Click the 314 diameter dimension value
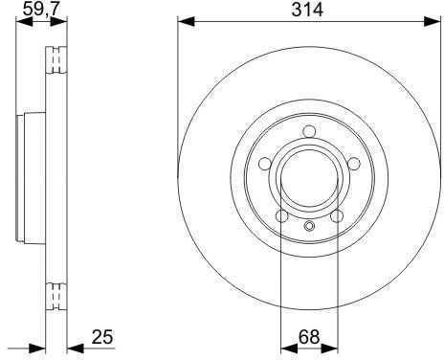pos(307,10)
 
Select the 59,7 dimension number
pos(41,9)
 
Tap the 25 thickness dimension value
pos(102,337)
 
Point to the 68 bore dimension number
pos(309,337)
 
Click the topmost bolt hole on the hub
pos(309,131)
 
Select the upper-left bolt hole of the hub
pos(265,164)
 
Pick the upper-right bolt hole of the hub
pos(354,164)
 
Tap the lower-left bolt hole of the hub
pos(281,216)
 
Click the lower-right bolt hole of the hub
pos(337,216)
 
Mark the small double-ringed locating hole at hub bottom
pos(309,226)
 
